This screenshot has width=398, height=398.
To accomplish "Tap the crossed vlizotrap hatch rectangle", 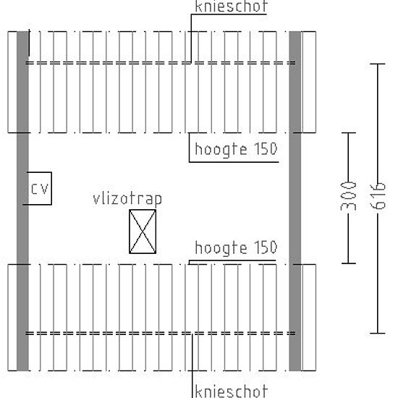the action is click(x=143, y=232).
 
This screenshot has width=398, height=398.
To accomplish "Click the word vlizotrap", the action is click(x=127, y=199).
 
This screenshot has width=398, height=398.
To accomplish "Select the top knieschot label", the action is click(x=232, y=6).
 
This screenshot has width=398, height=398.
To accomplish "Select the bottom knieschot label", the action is click(x=232, y=391).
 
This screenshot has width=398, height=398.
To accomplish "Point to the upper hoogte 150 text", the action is click(x=236, y=149).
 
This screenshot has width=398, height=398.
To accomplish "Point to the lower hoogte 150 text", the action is click(x=236, y=247).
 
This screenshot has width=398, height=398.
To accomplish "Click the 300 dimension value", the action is click(x=348, y=196).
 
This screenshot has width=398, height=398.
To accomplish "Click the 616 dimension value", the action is click(x=378, y=196).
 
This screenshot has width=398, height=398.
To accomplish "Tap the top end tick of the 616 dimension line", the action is click(x=378, y=64).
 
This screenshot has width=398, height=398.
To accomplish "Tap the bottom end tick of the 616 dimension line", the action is click(x=378, y=333).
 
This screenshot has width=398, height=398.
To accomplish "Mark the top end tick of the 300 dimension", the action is click(x=349, y=132).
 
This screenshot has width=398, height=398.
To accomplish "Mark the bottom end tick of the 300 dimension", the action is click(x=349, y=263).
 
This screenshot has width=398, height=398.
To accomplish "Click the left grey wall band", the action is click(x=22, y=201).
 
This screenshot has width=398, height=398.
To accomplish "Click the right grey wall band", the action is click(x=295, y=201).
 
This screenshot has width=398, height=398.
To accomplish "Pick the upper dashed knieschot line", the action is click(x=161, y=63).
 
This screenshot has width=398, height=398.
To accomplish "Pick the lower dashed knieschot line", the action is click(x=161, y=334).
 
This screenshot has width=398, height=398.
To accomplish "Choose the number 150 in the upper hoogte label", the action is click(x=266, y=148).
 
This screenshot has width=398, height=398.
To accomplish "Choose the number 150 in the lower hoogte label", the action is click(x=266, y=247).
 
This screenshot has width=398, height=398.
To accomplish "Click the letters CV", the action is click(x=40, y=189).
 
